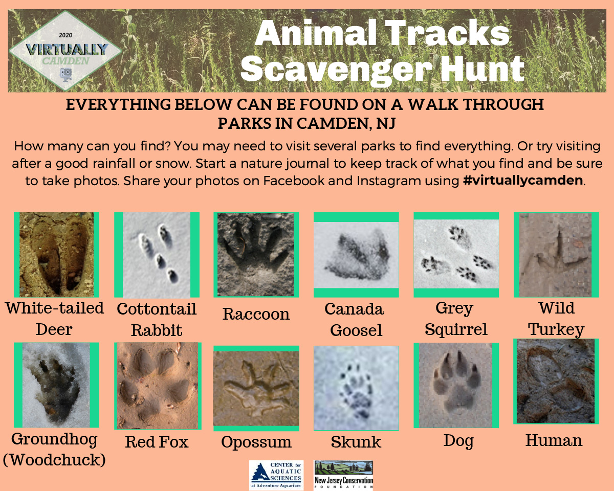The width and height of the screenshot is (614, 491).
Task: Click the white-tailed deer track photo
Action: [56, 255]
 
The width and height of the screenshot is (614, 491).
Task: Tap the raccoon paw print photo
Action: [256, 255]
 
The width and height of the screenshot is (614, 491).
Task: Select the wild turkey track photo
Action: [555, 255]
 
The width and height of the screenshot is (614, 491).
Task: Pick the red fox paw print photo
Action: [158, 386]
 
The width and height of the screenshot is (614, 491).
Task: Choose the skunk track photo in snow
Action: [356, 388]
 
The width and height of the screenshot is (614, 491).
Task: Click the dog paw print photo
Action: [456, 385]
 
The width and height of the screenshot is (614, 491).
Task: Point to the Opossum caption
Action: [256, 442]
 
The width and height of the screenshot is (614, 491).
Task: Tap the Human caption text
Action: [554, 440]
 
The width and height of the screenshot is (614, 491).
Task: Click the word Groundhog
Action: [54, 439]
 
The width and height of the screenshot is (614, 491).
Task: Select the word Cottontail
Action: [157, 309]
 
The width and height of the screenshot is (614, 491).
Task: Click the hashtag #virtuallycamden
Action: [523, 180]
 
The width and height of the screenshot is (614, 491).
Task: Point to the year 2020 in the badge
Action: [65, 35]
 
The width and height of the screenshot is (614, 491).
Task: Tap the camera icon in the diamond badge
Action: [65, 75]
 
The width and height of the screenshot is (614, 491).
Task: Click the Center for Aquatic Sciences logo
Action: [276, 475]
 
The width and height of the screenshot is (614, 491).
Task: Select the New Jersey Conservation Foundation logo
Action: [343, 475]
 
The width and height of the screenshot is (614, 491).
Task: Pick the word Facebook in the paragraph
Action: [294, 181]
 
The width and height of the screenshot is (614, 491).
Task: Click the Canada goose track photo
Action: [356, 255]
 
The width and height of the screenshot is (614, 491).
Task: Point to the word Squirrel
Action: [456, 329]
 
